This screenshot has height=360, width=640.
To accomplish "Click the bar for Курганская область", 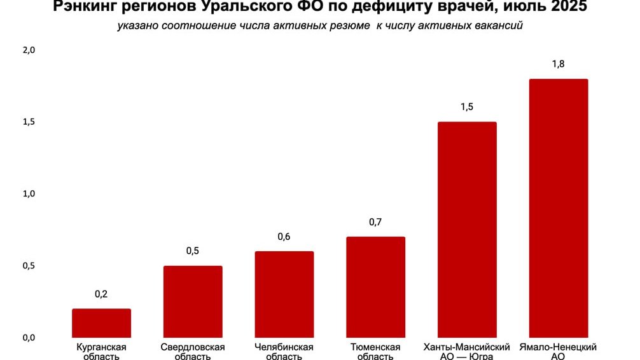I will click(101, 323).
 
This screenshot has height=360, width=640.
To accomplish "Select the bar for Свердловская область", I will click(193, 301).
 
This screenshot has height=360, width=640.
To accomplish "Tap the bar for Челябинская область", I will click(284, 294).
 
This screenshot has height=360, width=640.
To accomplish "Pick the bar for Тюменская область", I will click(375, 287).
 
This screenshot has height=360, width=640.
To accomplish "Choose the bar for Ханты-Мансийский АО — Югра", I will click(467, 230).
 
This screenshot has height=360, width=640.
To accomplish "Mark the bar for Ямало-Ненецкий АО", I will click(559, 208).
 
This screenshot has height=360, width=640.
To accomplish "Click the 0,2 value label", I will click(101, 294).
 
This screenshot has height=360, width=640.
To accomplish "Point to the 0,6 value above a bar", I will click(284, 237).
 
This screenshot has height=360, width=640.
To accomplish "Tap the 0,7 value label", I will click(375, 222).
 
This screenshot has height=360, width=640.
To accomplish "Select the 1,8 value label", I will click(559, 64).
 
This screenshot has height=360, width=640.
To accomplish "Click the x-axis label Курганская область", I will click(101, 352).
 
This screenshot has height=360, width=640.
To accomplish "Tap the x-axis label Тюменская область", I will click(375, 352).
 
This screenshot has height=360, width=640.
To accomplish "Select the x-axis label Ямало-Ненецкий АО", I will click(559, 352).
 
